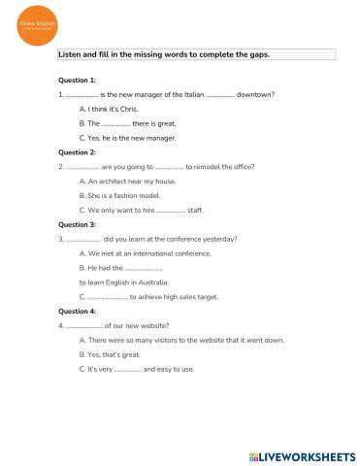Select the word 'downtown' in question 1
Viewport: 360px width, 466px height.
255,94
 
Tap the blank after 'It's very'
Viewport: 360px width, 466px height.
127,370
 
